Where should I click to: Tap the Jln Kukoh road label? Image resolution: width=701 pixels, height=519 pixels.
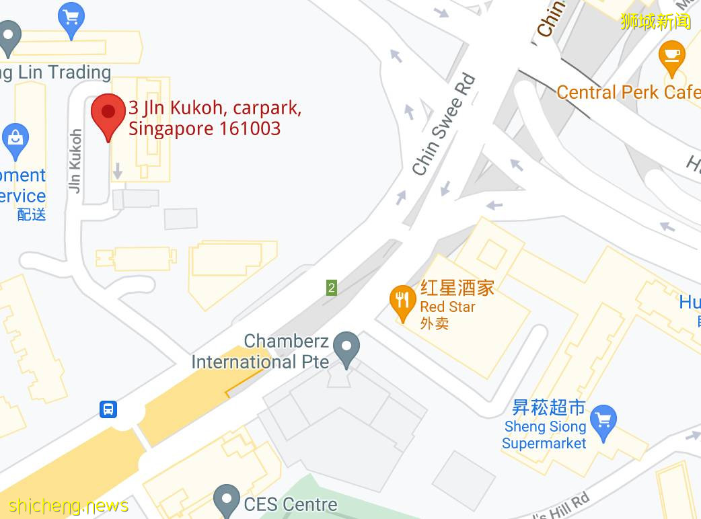(75, 161)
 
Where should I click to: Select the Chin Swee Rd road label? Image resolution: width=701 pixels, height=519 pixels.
(444, 125)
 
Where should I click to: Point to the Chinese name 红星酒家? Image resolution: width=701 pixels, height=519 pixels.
(457, 288)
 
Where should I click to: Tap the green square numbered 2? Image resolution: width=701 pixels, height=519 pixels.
(331, 288)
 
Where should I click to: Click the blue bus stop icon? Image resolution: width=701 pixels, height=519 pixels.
(108, 409)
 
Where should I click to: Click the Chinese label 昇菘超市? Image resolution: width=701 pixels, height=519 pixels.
(548, 407)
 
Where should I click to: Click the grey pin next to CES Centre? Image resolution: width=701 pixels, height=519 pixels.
(226, 500)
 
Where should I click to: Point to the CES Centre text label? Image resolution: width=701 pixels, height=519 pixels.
(291, 504)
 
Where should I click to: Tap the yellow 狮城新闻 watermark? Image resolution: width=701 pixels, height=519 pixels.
(655, 22)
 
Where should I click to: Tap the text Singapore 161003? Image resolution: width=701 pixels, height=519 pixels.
(205, 128)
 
